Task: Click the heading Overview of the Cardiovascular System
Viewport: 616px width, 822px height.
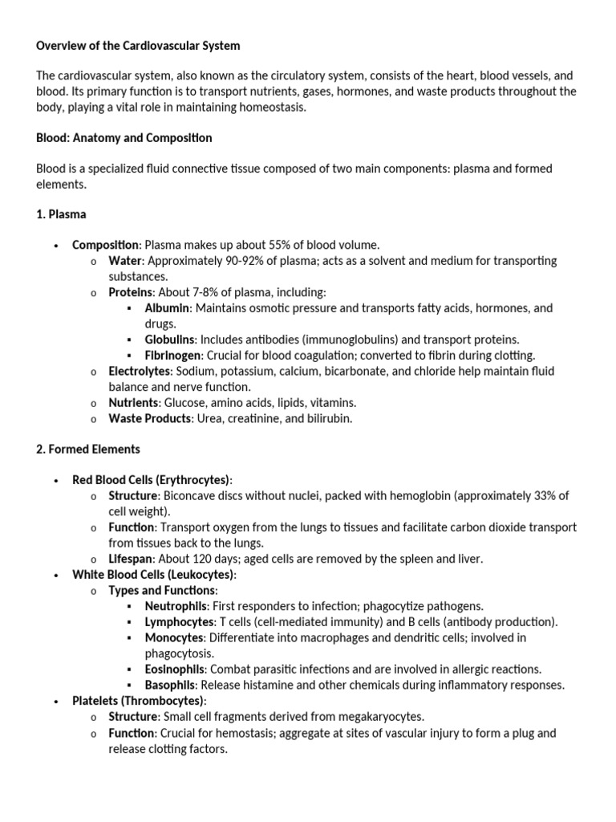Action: tap(138, 46)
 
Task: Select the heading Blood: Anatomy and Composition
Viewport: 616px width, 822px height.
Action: tap(124, 138)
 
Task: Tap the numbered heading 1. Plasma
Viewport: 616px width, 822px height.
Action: tap(61, 214)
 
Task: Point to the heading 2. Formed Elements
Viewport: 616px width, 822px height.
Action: tap(88, 450)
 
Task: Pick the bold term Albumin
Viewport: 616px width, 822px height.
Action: tap(167, 308)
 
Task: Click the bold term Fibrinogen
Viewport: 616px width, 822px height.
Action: tap(173, 356)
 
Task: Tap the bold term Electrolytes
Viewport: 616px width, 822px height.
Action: tap(140, 371)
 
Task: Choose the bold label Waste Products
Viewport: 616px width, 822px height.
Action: tap(149, 418)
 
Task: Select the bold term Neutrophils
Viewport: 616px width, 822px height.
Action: tap(176, 606)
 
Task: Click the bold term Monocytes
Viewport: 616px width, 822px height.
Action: tap(174, 637)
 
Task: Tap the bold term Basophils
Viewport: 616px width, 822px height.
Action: tap(170, 685)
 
